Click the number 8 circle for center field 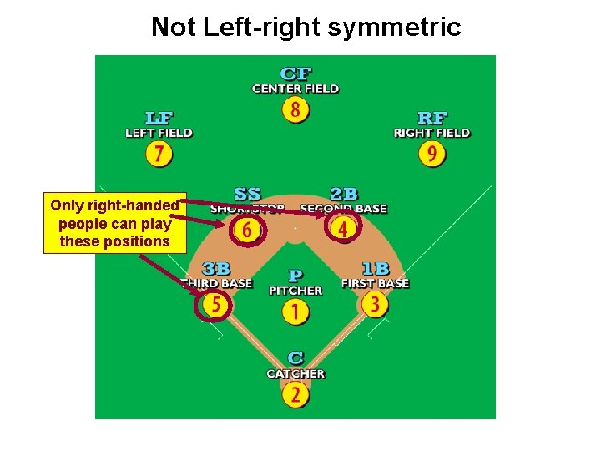(295, 109)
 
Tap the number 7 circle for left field (159, 155)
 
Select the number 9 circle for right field (432, 155)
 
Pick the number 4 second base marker (342, 228)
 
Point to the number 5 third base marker (215, 305)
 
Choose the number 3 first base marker (376, 305)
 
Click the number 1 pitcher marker (295, 312)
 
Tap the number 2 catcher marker (295, 394)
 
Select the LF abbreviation (159, 119)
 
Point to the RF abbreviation (432, 119)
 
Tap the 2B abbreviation (344, 195)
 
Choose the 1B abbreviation (376, 269)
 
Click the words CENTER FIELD (295, 89)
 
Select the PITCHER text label (295, 291)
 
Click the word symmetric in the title (395, 28)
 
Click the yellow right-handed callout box (114, 224)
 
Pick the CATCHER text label (295, 373)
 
